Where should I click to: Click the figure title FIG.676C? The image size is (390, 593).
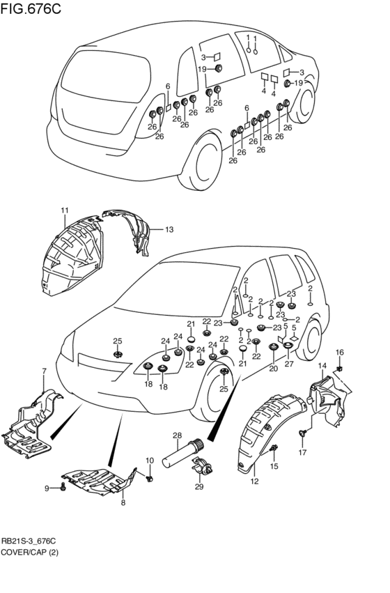(31, 8)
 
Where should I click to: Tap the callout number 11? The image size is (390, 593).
(65, 210)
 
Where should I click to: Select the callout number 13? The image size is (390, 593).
(169, 229)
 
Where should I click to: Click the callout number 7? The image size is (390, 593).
(44, 371)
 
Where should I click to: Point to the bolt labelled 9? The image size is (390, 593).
(63, 488)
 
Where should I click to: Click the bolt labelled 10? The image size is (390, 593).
(150, 479)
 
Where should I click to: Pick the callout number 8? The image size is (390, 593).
(123, 502)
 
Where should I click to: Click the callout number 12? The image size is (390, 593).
(254, 482)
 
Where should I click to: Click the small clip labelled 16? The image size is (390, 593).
(340, 368)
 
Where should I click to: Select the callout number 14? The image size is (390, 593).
(322, 365)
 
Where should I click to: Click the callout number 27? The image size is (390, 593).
(289, 364)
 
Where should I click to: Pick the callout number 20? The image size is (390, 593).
(273, 369)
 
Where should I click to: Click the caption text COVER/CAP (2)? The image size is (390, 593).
(29, 553)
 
